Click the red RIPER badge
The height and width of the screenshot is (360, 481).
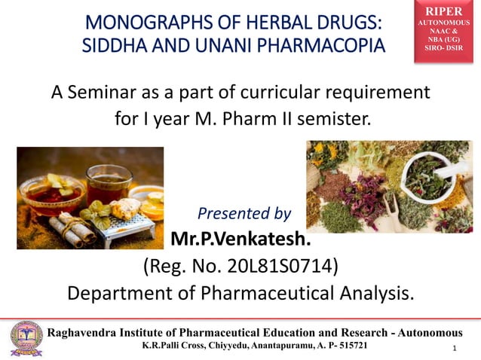point(443,30)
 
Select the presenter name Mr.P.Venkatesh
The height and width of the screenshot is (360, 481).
point(241,240)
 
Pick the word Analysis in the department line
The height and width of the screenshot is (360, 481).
point(375,292)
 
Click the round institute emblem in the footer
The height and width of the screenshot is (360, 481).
point(27,338)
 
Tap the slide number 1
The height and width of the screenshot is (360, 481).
point(456,349)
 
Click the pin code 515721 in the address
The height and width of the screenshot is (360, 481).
point(348,345)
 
